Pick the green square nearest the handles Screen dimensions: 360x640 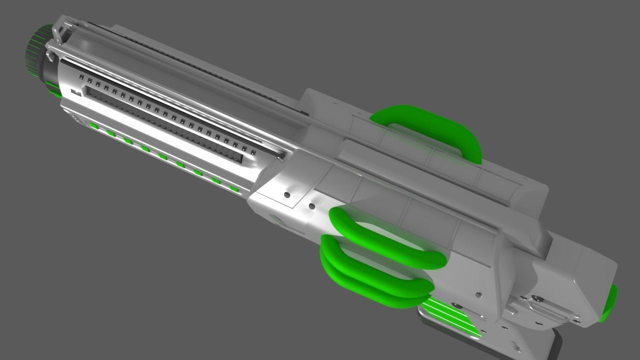coord(233,188)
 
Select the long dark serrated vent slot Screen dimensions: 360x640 coord(165,125)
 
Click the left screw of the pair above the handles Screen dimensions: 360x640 coord(287,194)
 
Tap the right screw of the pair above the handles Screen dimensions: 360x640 coord(311,205)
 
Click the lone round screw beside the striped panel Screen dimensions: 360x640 coord(478,295)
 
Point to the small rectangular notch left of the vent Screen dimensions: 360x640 coord(76,92)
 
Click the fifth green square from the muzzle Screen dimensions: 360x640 coord(162,157)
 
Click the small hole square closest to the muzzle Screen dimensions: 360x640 coord(81,77)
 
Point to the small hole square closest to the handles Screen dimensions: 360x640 coord(253,152)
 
